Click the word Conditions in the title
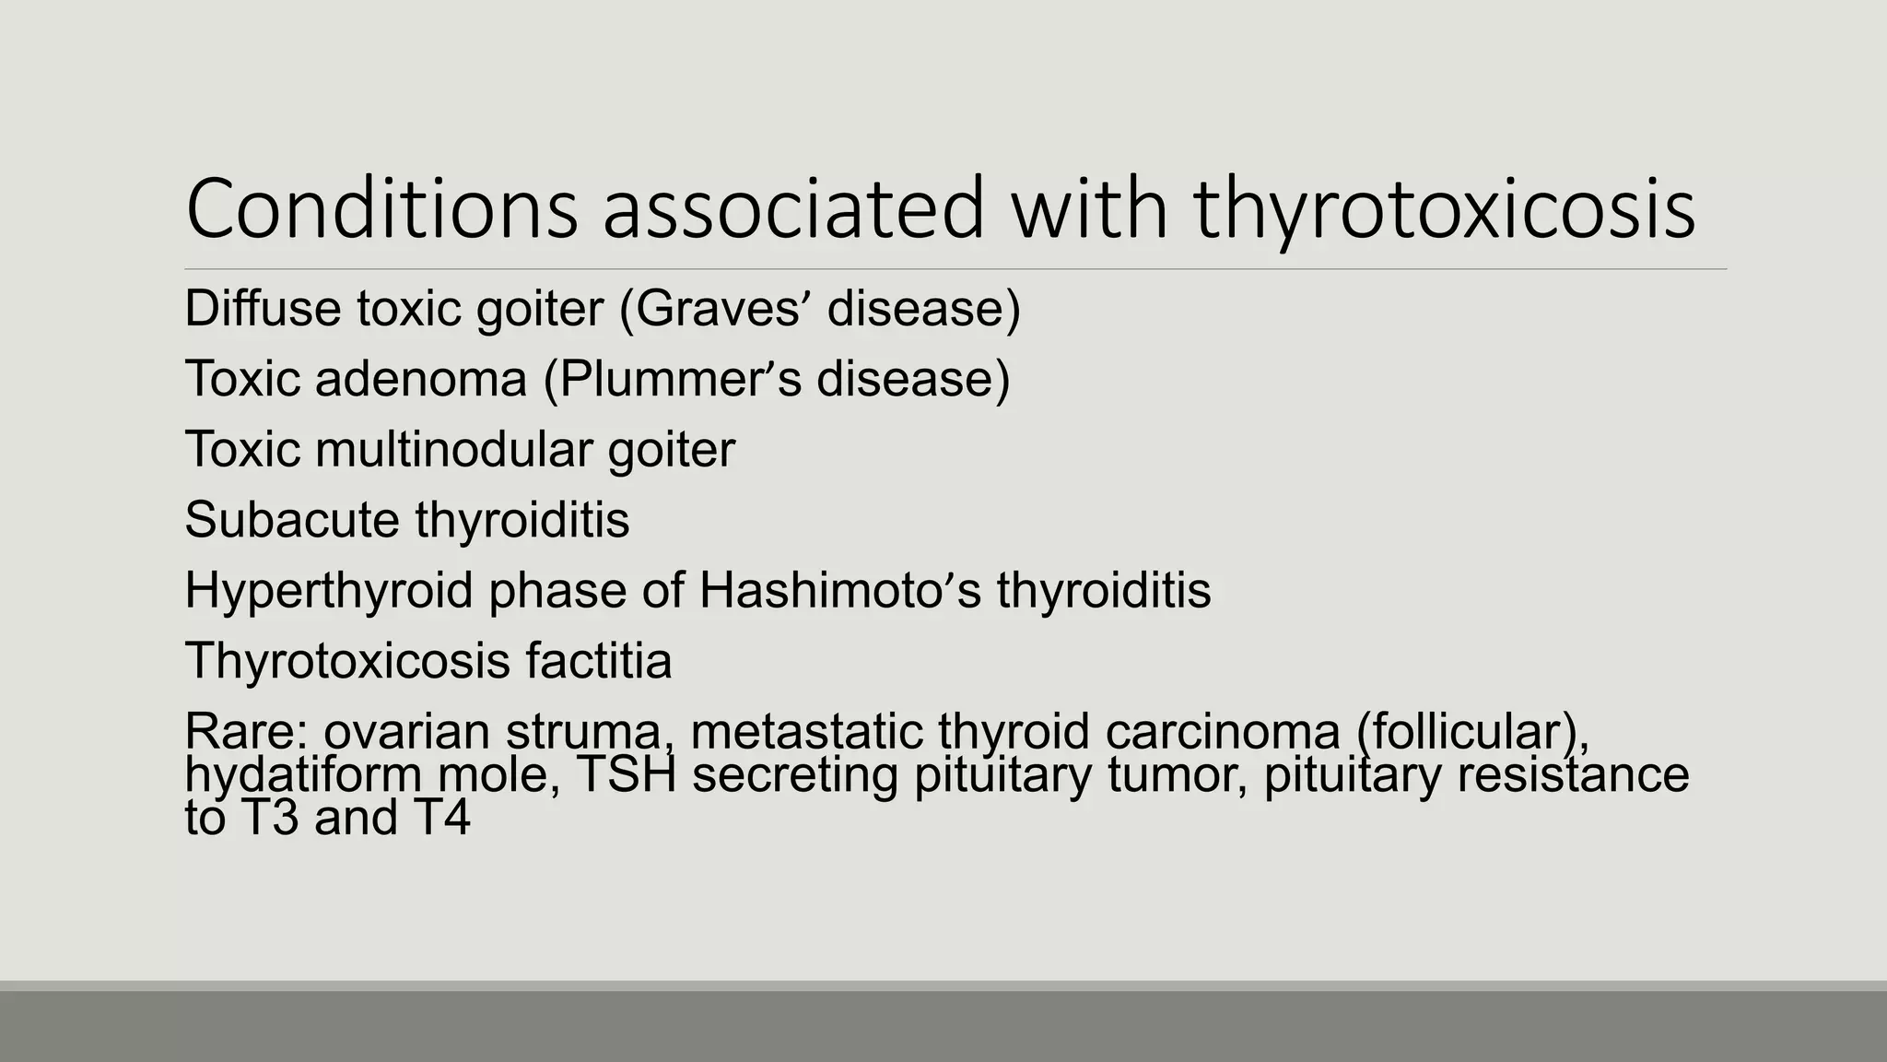point(381,209)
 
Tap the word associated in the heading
point(793,209)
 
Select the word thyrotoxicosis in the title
point(1444,209)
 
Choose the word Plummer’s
point(673,379)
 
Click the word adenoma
point(420,379)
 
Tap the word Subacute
point(291,520)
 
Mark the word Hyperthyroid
point(328,591)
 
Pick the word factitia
point(599,661)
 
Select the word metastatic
point(806,732)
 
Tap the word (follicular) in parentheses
point(1472,732)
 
